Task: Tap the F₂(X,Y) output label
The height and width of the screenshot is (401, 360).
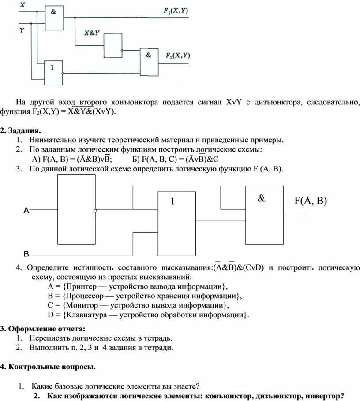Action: pyautogui.click(x=178, y=56)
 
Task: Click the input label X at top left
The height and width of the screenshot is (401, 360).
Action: pyautogui.click(x=22, y=4)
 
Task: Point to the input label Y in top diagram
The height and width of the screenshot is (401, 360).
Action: pyautogui.click(x=22, y=30)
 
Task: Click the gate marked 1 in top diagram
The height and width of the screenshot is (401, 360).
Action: pyautogui.click(x=53, y=73)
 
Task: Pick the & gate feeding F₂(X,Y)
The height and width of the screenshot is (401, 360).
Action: pyautogui.click(x=149, y=61)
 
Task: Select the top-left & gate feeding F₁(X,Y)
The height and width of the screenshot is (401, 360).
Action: pyautogui.click(x=54, y=18)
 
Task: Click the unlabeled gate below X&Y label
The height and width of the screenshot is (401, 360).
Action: pyautogui.click(x=113, y=45)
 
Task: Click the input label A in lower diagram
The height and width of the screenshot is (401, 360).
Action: pyautogui.click(x=26, y=211)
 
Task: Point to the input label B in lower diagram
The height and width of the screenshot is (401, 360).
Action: pyautogui.click(x=26, y=254)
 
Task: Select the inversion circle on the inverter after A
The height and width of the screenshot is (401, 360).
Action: pyautogui.click(x=95, y=211)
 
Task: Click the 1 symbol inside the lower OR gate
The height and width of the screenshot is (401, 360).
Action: pyautogui.click(x=173, y=201)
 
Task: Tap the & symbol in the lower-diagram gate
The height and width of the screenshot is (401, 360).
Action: pyautogui.click(x=262, y=199)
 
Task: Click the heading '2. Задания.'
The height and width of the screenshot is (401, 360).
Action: pyautogui.click(x=21, y=131)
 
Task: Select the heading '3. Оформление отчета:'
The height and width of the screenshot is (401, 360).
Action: pyautogui.click(x=42, y=329)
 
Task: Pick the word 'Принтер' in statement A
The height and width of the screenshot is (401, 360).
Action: pyautogui.click(x=81, y=286)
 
